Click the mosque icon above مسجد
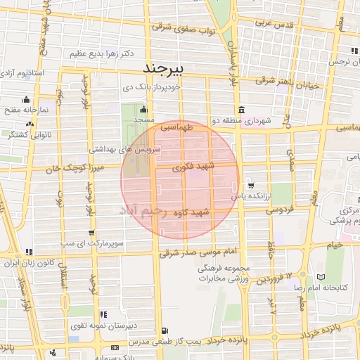coord(144,109)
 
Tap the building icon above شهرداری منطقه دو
coord(241,110)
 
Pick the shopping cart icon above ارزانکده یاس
coord(252,186)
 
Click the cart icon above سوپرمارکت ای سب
coord(92,233)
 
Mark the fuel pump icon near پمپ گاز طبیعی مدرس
coord(165,330)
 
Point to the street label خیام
coord(335,245)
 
